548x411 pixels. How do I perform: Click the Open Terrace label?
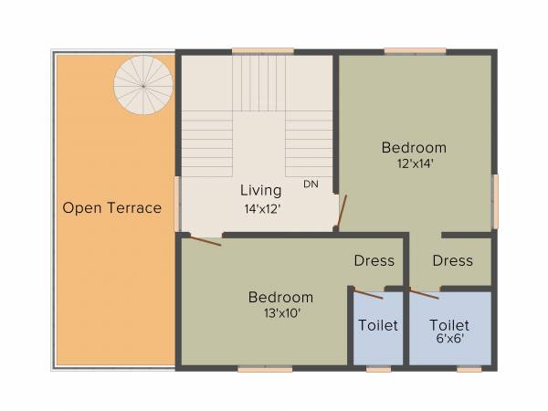[x=111, y=208]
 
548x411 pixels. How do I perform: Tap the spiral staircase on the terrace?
[x=142, y=85]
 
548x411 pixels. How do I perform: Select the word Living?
[x=259, y=191]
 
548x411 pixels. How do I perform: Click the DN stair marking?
[x=311, y=184]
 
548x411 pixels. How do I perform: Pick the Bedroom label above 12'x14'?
[x=414, y=148]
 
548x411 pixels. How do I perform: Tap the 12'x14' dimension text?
[x=414, y=164]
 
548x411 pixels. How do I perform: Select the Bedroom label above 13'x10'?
[x=280, y=298]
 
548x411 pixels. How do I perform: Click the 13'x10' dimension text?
[x=280, y=313]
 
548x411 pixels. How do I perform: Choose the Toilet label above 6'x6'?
[x=449, y=325]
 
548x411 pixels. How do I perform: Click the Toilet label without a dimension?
[x=378, y=325]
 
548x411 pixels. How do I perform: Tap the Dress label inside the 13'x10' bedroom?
[x=374, y=261]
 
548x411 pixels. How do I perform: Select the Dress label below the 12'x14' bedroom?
[x=453, y=261]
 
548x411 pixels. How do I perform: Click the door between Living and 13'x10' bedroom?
[x=202, y=240]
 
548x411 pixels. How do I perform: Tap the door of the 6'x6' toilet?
[x=424, y=293]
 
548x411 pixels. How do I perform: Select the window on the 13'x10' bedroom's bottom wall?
[x=265, y=369]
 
